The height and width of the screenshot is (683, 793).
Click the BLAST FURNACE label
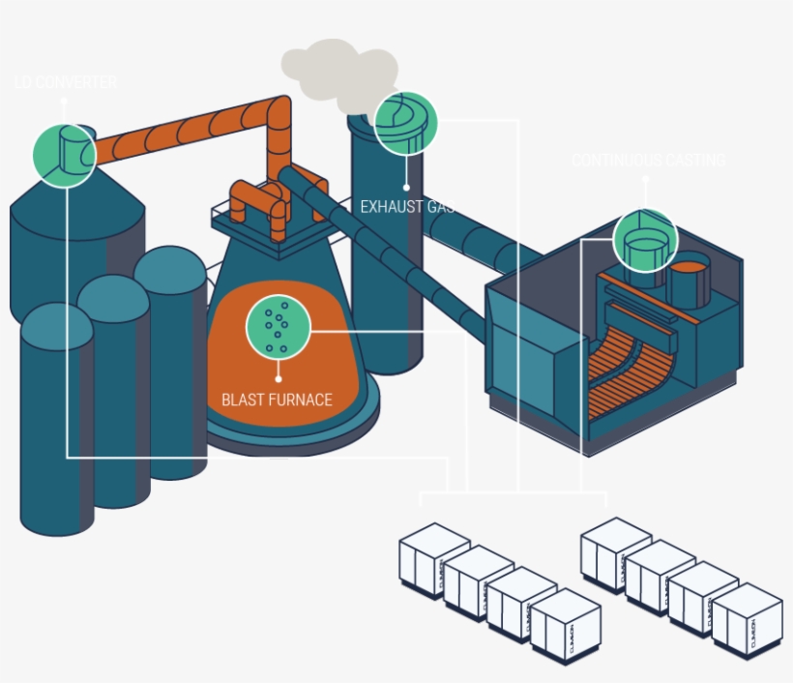coord(277,400)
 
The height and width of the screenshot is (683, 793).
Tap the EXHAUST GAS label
coord(407,206)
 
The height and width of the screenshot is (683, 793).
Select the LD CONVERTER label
coord(66,83)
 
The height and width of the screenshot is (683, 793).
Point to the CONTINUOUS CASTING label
coord(648,161)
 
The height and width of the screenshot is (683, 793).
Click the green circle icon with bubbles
coord(279,325)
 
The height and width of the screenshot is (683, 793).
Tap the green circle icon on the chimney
coord(406,123)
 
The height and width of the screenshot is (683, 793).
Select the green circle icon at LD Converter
coord(65,154)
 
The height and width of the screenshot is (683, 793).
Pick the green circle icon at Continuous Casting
coord(645,241)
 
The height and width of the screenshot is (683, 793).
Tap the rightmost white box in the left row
coord(566,627)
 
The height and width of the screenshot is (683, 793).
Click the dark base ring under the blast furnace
coord(290,435)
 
